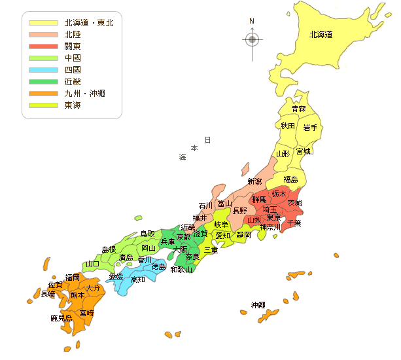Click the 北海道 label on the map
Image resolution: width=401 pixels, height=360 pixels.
[321, 35]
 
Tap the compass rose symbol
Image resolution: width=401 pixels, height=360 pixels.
[252, 39]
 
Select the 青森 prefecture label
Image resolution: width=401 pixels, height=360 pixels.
[298, 109]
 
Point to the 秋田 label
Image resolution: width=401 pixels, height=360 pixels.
[288, 125]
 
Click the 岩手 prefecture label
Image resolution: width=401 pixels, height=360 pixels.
[310, 128]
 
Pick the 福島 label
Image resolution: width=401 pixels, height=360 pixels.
[291, 179]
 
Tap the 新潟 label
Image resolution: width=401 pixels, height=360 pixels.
[254, 181]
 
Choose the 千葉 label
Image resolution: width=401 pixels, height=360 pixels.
[294, 223]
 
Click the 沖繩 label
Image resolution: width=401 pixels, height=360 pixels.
[258, 305]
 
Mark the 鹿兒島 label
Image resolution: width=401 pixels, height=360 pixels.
[61, 318]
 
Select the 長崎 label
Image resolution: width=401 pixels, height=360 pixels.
[49, 294]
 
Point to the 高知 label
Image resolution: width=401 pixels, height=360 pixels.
[138, 279]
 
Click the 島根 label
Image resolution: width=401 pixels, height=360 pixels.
[109, 249]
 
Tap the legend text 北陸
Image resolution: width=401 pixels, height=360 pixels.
[73, 35]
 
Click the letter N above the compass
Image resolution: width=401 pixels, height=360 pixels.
[252, 22]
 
